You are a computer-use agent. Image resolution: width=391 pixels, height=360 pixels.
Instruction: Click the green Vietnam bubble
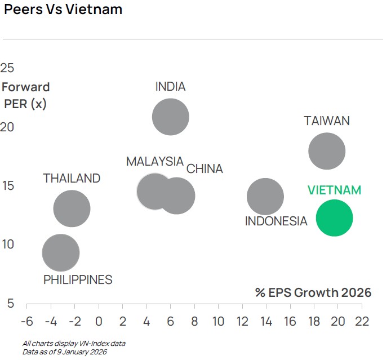pos(334,218)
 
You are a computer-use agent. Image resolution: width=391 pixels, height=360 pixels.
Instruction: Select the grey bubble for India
pos(170,117)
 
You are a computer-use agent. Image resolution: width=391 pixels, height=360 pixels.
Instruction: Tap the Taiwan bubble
pos(327,151)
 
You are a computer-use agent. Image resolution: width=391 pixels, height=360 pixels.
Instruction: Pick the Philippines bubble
pos(61,253)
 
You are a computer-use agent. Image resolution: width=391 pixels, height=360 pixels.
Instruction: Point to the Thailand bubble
pos(72,208)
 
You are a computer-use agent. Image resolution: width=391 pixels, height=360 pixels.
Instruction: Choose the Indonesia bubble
pos(265,197)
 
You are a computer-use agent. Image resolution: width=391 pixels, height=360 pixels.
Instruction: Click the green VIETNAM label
pos(334,190)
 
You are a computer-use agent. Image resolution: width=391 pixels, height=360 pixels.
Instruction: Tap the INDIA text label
pos(170,87)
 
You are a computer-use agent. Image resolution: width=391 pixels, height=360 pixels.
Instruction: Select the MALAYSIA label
pos(154,162)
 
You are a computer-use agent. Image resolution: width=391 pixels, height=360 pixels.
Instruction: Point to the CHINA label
pos(205,169)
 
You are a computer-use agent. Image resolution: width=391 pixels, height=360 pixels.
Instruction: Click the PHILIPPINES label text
pos(78,279)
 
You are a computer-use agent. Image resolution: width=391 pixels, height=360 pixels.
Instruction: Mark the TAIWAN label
pos(327,121)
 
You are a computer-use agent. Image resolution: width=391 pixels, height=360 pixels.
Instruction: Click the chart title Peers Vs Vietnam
pos(63,10)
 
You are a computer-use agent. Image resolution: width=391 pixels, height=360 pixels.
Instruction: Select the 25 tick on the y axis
pos(7,68)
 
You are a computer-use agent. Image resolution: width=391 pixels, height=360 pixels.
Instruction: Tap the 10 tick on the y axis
pos(7,245)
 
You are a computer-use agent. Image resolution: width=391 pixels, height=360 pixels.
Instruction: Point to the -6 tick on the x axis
pos(26,321)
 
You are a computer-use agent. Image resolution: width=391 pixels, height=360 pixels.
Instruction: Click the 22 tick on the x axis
pos(361,321)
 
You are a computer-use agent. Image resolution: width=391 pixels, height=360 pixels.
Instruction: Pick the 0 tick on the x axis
pos(99,321)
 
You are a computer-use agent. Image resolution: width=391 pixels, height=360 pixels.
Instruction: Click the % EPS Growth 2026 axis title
pos(313,292)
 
